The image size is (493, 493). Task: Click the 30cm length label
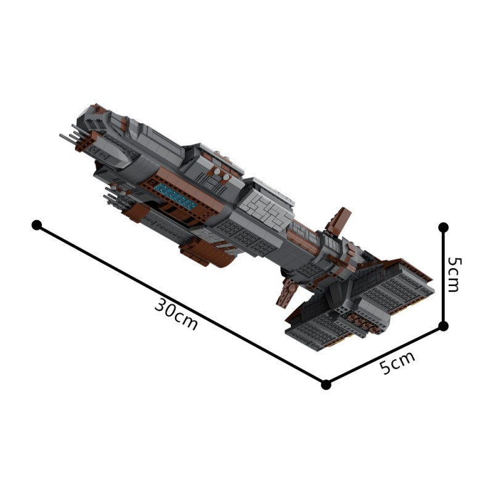coord(176,314)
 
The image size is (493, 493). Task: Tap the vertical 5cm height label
coord(454,275)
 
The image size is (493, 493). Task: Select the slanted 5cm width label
coord(397,362)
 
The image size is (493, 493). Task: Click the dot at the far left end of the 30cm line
coord(37,225)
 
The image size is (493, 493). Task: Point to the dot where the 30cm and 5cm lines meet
coord(327,385)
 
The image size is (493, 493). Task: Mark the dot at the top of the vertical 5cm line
coord(443,227)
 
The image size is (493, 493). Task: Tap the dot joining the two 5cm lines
coord(443,327)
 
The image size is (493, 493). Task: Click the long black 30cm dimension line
coord(181,304)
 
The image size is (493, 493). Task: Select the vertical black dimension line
coord(443,277)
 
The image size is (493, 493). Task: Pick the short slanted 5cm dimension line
coord(385,356)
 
